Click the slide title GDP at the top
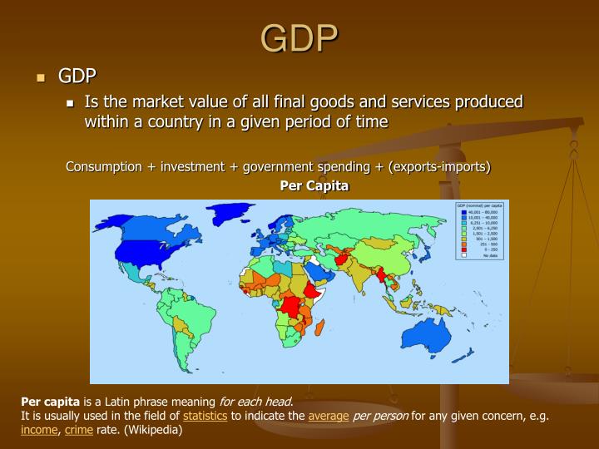(299, 37)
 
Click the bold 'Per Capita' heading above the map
(314, 185)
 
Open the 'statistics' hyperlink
(205, 416)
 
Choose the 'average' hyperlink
(329, 416)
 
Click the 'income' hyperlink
(40, 430)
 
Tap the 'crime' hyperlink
(78, 430)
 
